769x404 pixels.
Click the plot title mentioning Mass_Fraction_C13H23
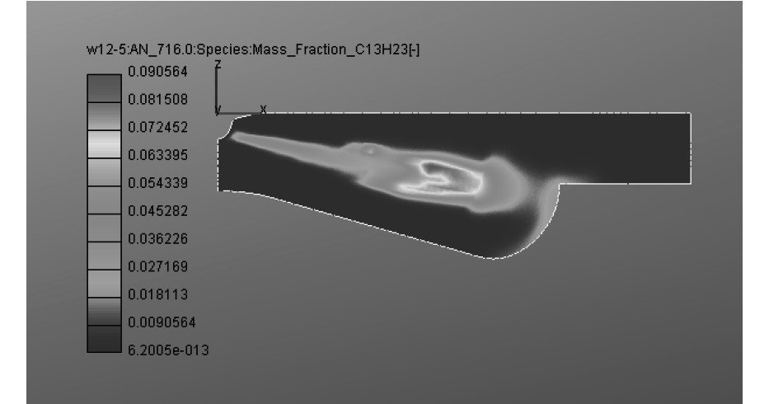253,49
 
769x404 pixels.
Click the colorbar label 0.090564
158,72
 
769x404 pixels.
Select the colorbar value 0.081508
158,100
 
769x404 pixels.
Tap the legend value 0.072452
158,128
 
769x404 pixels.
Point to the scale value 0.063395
158,155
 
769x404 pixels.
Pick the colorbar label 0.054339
158,183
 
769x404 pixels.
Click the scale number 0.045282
158,211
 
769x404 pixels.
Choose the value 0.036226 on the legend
158,239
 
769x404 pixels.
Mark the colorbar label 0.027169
158,266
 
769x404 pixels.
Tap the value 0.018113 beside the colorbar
158,294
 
